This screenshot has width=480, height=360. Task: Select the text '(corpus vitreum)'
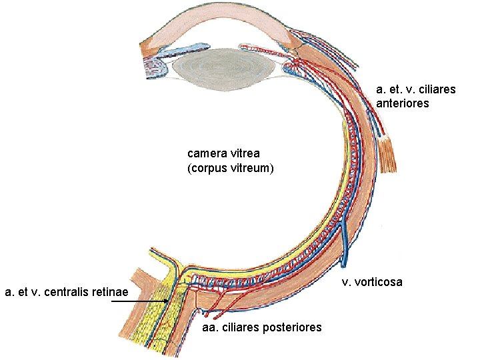pyautogui.click(x=231, y=168)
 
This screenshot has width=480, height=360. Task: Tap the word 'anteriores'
pyautogui.click(x=403, y=103)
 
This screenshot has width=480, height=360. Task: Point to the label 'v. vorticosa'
pyautogui.click(x=372, y=282)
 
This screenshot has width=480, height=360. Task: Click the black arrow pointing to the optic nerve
pyautogui.click(x=140, y=302)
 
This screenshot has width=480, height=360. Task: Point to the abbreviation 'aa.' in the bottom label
pyautogui.click(x=209, y=327)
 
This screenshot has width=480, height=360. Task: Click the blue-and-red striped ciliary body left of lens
pyautogui.click(x=156, y=67)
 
